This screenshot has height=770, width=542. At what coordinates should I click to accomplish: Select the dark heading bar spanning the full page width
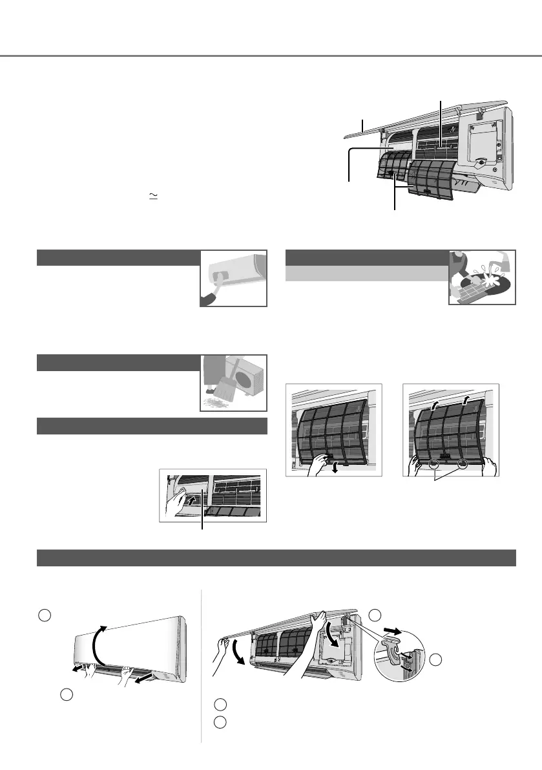pyautogui.click(x=276, y=558)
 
